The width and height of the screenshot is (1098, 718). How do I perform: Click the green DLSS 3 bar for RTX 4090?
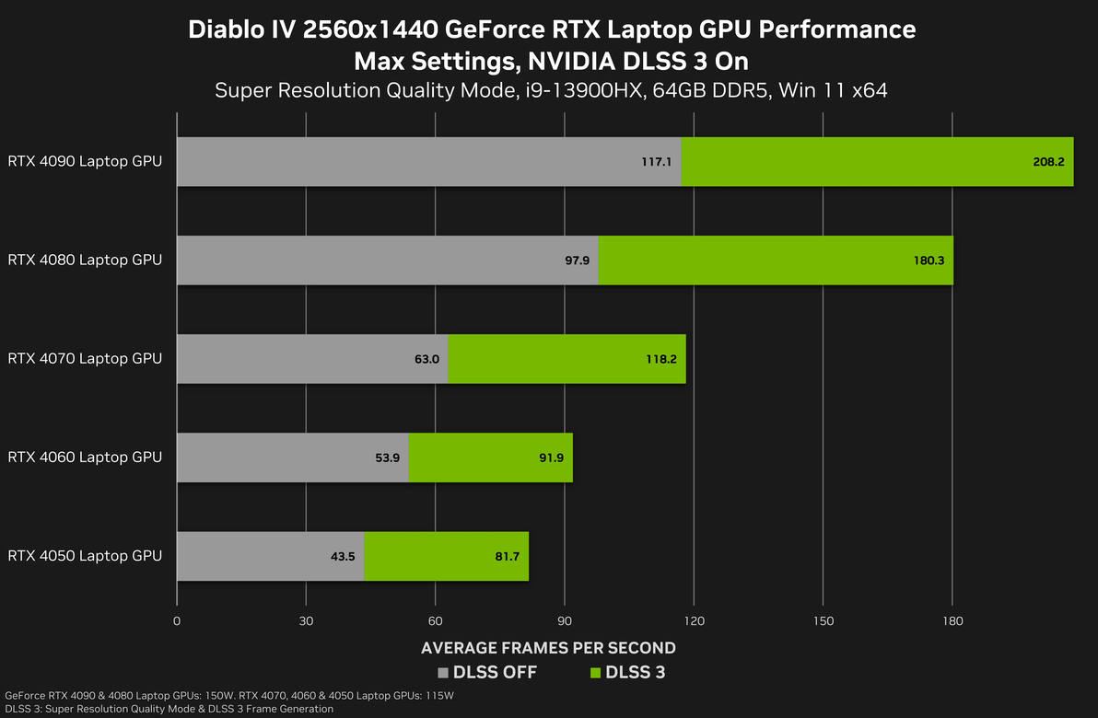(875, 162)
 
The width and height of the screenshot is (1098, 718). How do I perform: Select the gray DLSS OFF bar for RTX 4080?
(387, 260)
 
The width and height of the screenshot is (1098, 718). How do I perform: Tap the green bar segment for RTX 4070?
(567, 359)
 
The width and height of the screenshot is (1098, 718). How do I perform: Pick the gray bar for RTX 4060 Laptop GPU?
(292, 457)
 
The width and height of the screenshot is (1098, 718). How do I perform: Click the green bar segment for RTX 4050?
(446, 556)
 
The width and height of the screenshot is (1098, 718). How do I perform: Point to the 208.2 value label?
(1048, 162)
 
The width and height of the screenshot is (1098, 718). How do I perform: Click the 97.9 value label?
(577, 261)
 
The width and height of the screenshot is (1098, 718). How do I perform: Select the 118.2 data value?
(660, 359)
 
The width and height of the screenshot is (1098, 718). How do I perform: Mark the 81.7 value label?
(507, 556)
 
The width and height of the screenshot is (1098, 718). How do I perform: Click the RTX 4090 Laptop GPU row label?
(85, 162)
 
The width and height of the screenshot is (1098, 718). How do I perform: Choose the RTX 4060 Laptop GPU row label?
(85, 457)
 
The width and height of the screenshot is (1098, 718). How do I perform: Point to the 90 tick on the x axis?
(565, 621)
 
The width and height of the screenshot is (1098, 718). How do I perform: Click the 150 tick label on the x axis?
(823, 621)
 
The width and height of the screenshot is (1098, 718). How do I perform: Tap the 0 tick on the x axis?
(177, 621)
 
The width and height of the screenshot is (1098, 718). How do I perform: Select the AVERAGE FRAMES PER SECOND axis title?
(548, 648)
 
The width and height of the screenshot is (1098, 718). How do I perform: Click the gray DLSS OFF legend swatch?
(443, 673)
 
